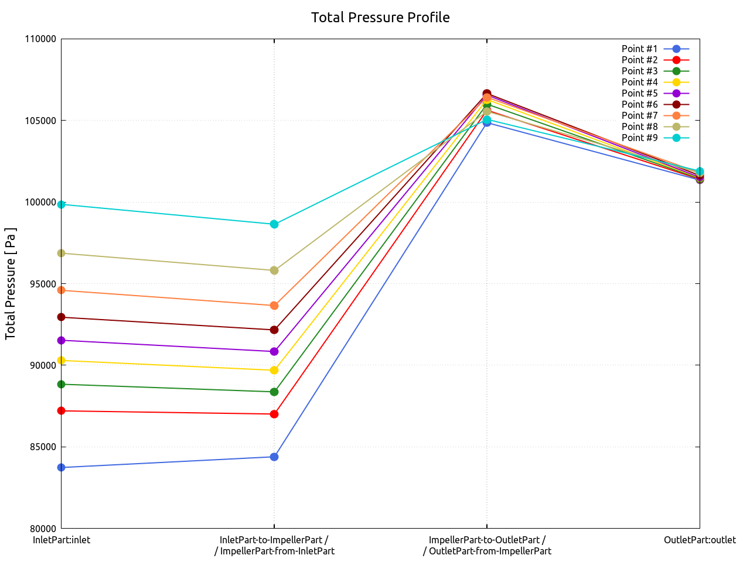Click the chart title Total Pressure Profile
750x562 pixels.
[380, 18]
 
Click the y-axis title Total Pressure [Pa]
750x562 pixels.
[11, 283]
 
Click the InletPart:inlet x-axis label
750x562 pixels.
[62, 540]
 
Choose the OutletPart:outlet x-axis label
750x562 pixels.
[700, 540]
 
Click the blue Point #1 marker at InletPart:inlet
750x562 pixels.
[62, 468]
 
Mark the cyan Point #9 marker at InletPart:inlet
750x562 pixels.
[62, 204]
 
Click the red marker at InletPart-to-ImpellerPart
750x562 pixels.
[274, 414]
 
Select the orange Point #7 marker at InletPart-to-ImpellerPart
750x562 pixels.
[274, 306]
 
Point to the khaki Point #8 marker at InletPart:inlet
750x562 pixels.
[62, 253]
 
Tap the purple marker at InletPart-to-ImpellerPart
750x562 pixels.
[274, 352]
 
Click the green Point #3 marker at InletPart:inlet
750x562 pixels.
[62, 385]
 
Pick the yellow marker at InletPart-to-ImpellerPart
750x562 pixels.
[274, 371]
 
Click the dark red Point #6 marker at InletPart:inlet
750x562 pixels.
[62, 317]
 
